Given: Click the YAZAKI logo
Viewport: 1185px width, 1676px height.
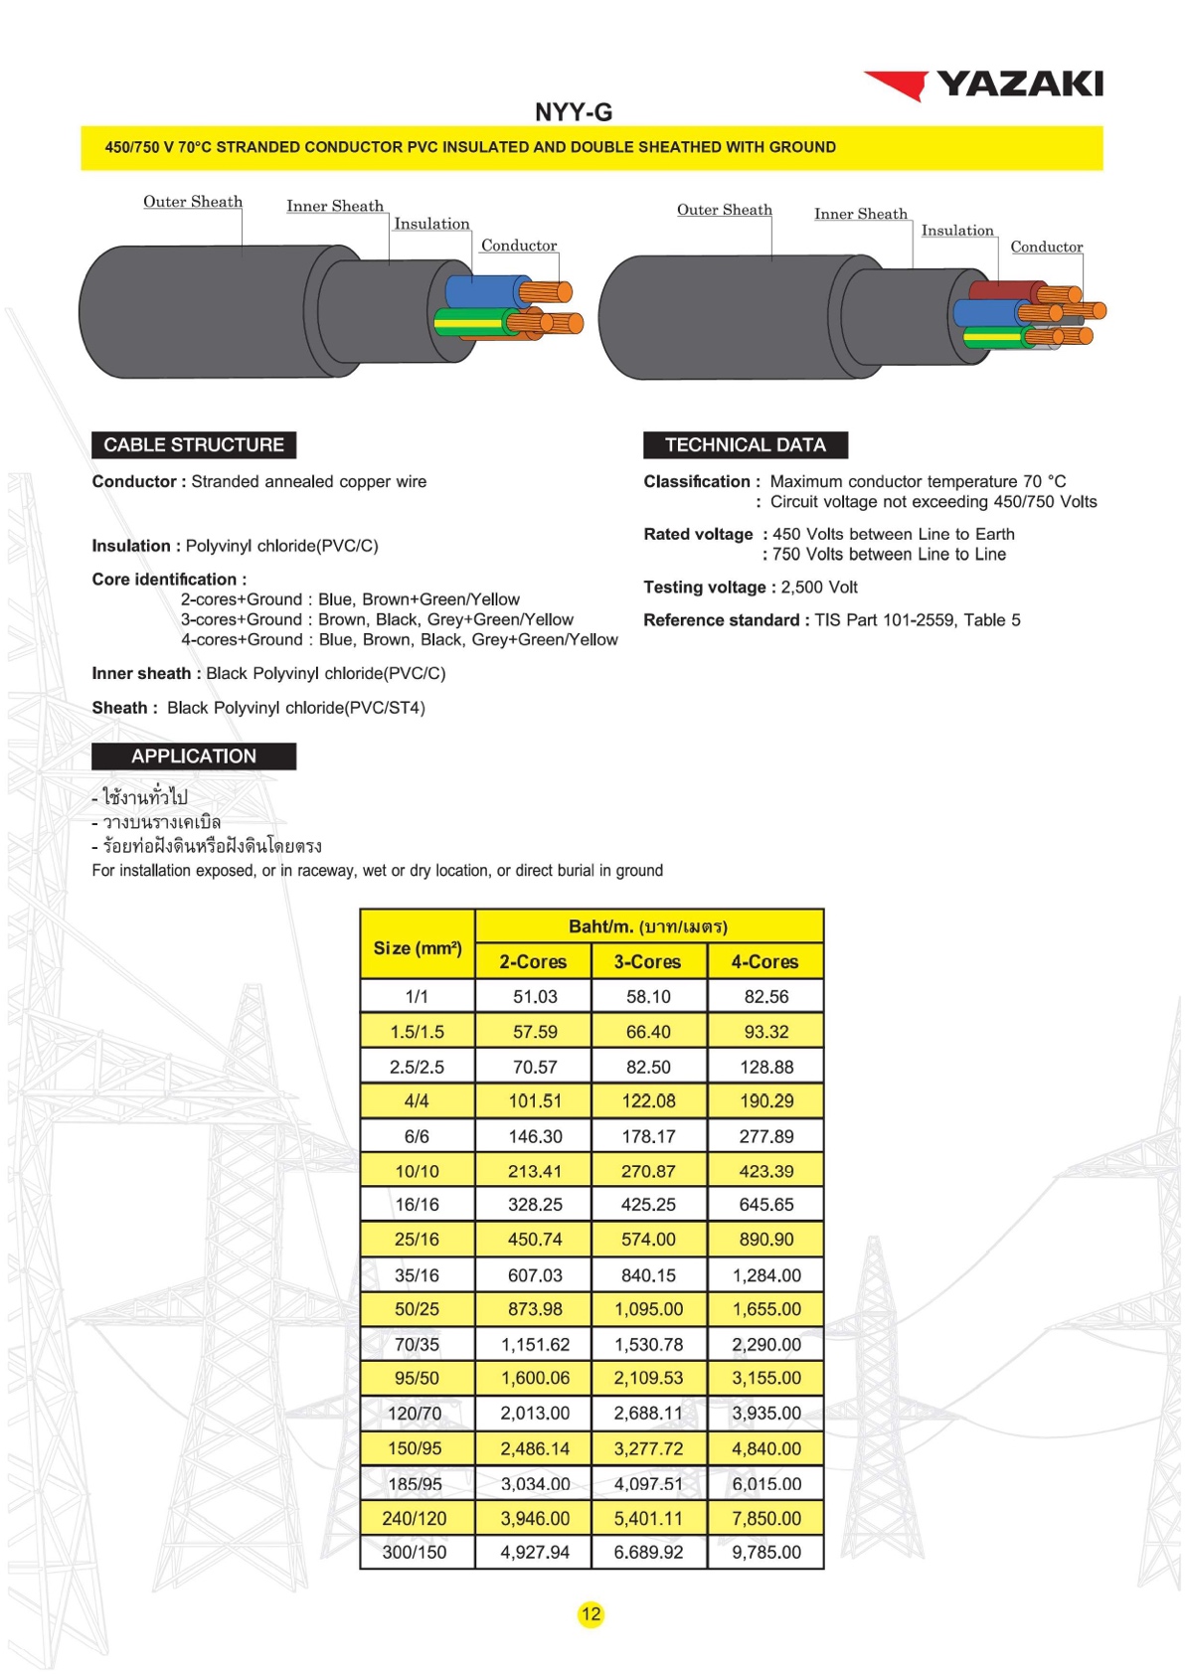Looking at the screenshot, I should pyautogui.click(x=984, y=84).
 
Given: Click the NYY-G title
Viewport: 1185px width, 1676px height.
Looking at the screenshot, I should pyautogui.click(x=574, y=112).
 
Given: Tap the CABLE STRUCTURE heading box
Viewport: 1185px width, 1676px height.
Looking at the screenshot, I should pyautogui.click(x=194, y=445).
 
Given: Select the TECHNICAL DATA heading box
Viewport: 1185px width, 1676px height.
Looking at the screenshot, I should pyautogui.click(x=745, y=445).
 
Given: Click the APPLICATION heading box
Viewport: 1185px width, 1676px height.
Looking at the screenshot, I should pyautogui.click(x=194, y=756).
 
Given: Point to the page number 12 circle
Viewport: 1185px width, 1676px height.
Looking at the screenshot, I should pyautogui.click(x=592, y=1614).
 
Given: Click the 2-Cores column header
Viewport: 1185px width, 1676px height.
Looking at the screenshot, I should pyautogui.click(x=533, y=962).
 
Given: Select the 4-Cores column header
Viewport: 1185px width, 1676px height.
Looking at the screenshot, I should pyautogui.click(x=764, y=962).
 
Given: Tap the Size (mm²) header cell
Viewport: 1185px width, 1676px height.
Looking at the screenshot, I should pyautogui.click(x=418, y=948).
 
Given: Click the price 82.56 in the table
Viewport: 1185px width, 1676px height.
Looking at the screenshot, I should pyautogui.click(x=765, y=997).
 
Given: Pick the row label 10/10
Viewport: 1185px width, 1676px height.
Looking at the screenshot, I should pyautogui.click(x=417, y=1171).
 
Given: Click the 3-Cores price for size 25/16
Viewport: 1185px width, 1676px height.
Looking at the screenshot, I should pyautogui.click(x=648, y=1240).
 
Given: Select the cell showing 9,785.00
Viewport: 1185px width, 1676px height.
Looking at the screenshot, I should pyautogui.click(x=765, y=1553).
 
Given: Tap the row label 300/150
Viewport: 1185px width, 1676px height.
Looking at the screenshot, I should pyautogui.click(x=415, y=1553).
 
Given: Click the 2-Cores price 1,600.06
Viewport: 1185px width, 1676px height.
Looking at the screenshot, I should pyautogui.click(x=535, y=1379).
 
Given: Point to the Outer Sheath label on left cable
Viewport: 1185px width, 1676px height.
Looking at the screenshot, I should pyautogui.click(x=193, y=202).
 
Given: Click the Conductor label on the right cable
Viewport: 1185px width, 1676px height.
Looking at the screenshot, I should pyautogui.click(x=1046, y=248).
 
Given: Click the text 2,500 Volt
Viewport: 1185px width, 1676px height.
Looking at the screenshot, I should pyautogui.click(x=819, y=587).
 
